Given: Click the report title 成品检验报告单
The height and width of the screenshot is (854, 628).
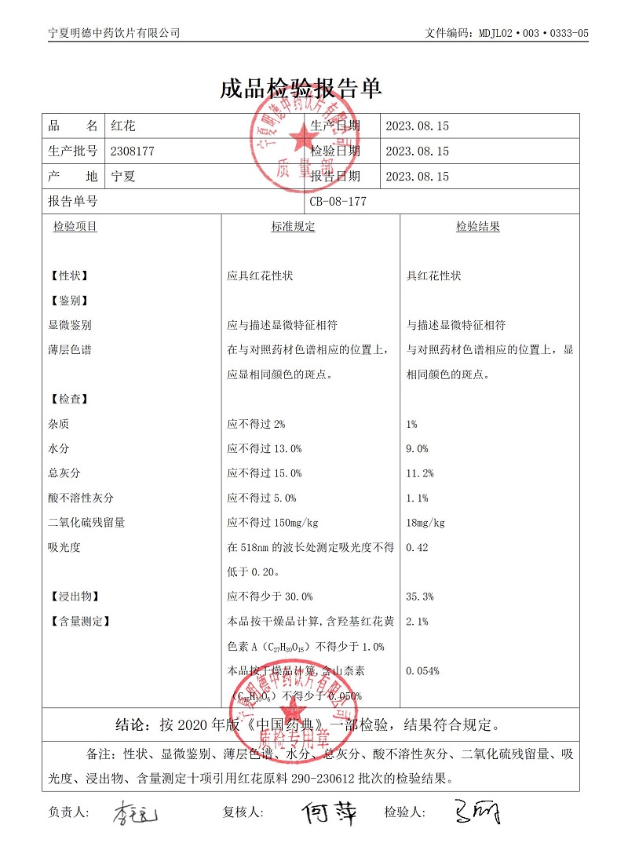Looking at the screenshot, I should pyautogui.click(x=301, y=89).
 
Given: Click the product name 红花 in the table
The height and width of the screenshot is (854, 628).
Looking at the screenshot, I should pyautogui.click(x=124, y=126).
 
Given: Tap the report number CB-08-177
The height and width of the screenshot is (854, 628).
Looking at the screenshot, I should pyautogui.click(x=338, y=201).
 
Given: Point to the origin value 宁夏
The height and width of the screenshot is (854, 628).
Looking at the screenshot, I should pyautogui.click(x=124, y=177).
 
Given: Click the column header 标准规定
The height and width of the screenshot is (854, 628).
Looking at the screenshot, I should pyautogui.click(x=293, y=227).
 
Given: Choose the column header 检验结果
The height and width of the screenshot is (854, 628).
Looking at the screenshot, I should pyautogui.click(x=478, y=227).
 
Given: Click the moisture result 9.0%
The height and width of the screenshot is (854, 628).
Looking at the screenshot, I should pyautogui.click(x=417, y=449).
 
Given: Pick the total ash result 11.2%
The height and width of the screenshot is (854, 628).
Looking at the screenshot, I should pyautogui.click(x=420, y=473).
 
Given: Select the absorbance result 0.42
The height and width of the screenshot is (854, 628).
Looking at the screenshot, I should pyautogui.click(x=417, y=547).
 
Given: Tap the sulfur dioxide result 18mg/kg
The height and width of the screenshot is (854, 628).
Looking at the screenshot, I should pyautogui.click(x=425, y=523).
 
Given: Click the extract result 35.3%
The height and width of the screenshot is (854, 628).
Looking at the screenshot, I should pyautogui.click(x=420, y=597).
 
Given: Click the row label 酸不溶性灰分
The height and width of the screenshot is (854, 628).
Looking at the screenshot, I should pyautogui.click(x=81, y=498).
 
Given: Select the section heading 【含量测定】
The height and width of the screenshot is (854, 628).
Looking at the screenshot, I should pyautogui.click(x=79, y=622).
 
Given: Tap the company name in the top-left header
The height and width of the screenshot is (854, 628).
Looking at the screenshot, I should pyautogui.click(x=114, y=33).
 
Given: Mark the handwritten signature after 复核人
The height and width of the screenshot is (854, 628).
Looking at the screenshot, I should pyautogui.click(x=330, y=813).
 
